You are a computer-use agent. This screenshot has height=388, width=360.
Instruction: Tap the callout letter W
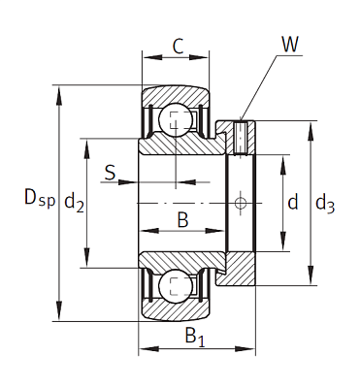coord(289,44)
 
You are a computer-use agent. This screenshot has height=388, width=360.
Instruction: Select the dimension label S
coord(110,174)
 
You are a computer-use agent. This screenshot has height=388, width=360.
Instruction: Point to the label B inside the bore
coord(181,219)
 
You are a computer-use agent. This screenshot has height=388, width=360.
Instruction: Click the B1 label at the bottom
coord(194,339)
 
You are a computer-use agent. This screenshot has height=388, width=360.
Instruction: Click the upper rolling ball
coord(175,119)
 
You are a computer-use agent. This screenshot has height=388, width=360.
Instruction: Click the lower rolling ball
coord(175,283)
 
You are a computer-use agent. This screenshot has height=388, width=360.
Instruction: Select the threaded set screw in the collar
coord(240,138)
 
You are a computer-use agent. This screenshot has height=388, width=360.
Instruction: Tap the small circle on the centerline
coord(240,202)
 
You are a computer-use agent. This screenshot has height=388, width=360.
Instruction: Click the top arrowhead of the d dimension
coord(281,156)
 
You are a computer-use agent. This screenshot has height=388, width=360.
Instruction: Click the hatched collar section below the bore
coord(240,269)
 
